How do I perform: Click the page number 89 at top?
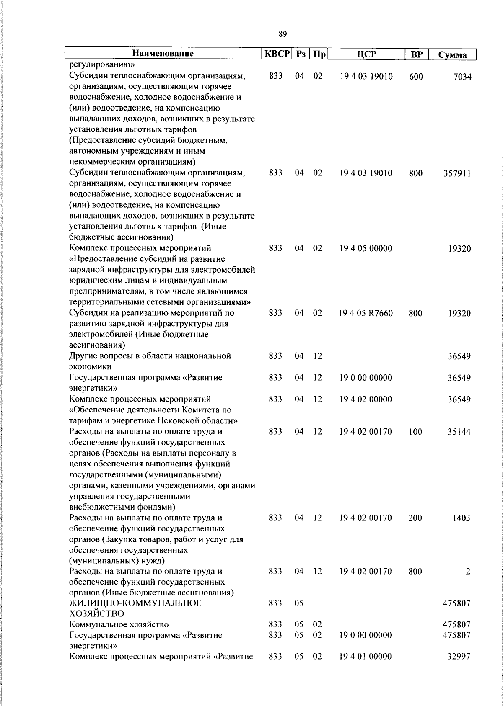tap(283, 34)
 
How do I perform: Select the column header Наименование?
tap(163, 54)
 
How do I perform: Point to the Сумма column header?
tap(452, 55)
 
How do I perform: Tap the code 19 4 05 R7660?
tap(366, 313)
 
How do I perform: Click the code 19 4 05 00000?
tap(366, 249)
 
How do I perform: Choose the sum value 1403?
tap(461, 518)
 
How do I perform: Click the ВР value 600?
tap(416, 77)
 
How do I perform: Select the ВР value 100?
tap(415, 432)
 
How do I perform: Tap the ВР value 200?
tap(415, 518)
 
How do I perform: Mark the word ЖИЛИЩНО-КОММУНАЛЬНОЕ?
tap(135, 603)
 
